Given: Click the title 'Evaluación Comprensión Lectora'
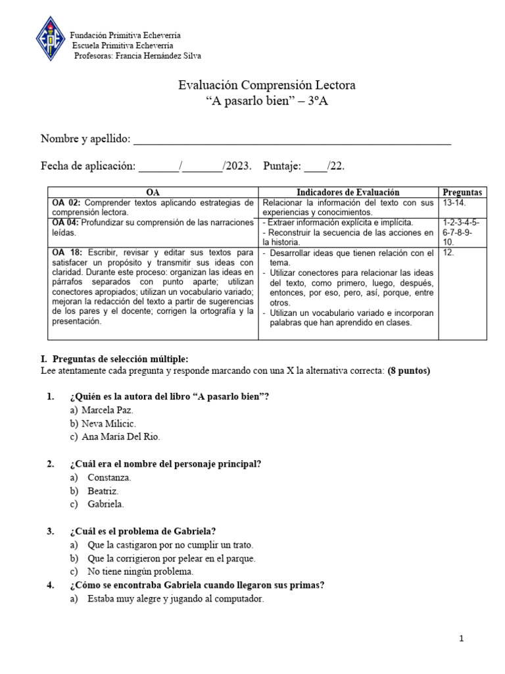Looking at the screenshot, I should click(x=267, y=86).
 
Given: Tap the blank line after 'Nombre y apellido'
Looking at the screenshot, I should click(x=292, y=140).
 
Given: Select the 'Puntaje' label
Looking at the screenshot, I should click(x=282, y=166).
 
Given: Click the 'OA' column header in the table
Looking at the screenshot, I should click(x=153, y=192).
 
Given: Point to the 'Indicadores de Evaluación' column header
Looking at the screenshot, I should click(x=348, y=192).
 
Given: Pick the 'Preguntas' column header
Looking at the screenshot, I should click(x=462, y=192).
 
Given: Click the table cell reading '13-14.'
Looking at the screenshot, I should click(x=454, y=203).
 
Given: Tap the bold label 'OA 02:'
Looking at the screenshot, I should click(x=67, y=203).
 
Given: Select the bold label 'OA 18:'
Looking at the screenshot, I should click(x=67, y=253).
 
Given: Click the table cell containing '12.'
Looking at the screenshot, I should click(x=448, y=253).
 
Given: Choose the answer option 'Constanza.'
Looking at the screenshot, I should click(x=109, y=477).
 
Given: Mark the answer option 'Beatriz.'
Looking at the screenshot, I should click(x=103, y=491).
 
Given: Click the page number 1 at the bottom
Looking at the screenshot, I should click(x=462, y=638).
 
